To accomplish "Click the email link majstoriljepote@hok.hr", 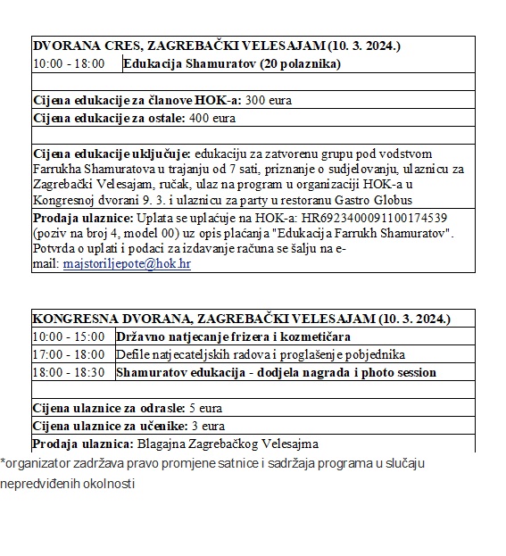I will point(126,264).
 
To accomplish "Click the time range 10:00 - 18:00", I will point(68,64).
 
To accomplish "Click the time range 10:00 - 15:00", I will point(68,336).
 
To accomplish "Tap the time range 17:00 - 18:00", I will point(68,354).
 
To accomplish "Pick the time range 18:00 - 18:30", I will point(68,372).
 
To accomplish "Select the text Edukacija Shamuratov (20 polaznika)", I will point(231,64).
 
